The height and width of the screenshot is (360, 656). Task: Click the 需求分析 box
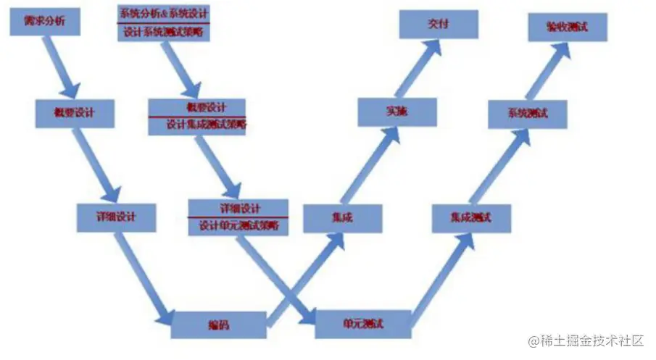point(43,21)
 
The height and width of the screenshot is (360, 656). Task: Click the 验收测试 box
point(568,26)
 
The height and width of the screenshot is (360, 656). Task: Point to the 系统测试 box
point(528,114)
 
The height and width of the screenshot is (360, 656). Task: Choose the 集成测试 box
point(471,217)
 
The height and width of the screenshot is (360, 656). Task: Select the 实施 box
point(397,112)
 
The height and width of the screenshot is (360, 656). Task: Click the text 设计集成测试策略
point(197,125)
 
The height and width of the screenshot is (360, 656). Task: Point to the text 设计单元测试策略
point(238,225)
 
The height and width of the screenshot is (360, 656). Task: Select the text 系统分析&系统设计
point(163,12)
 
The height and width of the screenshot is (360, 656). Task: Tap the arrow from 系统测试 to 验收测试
point(547,70)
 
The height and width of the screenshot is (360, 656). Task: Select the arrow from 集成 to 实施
point(370,167)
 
